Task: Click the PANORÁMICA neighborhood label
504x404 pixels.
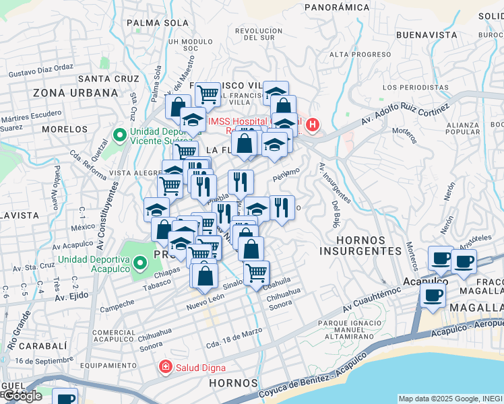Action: pos(337,7)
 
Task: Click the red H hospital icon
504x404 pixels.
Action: pos(313,124)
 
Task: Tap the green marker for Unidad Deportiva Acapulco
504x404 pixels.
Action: pos(140,263)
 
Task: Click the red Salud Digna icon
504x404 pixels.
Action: pos(164,367)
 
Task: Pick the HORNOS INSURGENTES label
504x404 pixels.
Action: pos(360,245)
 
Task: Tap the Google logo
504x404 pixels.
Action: pos(22,396)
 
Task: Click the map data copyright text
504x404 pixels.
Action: pos(449,399)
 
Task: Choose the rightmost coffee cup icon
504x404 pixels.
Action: pos(464,261)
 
